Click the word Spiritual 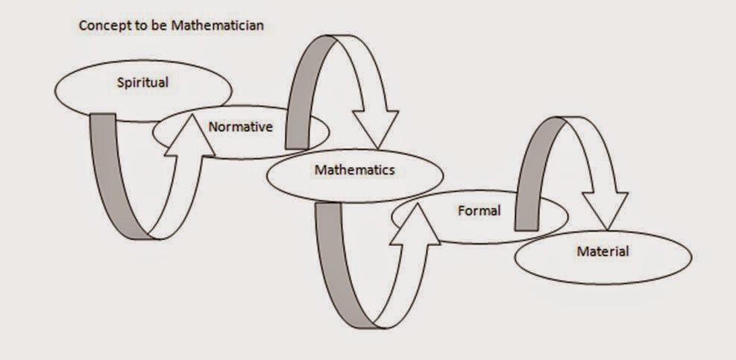click(x=142, y=83)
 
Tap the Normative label click(x=240, y=127)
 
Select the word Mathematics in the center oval click(x=354, y=170)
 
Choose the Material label click(x=603, y=252)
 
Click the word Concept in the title click(x=100, y=25)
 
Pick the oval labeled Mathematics click(x=291, y=179)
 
